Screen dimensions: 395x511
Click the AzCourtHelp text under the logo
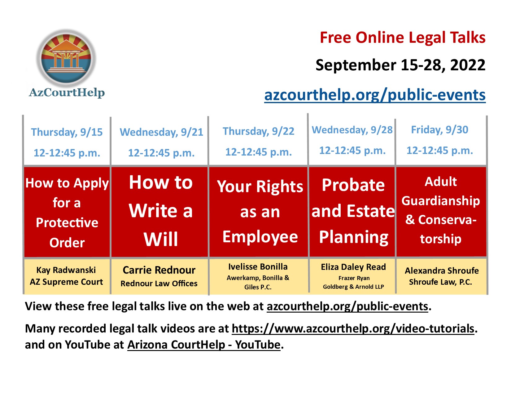click(67, 92)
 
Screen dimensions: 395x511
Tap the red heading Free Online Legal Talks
click(402, 38)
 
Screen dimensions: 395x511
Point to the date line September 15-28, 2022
click(400, 65)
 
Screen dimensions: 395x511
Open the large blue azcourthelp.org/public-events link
click(375, 95)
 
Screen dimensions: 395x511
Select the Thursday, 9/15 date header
click(67, 132)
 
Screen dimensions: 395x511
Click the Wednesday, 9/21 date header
click(161, 132)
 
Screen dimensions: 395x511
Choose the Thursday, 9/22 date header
click(258, 131)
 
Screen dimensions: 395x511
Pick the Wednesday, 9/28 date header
click(352, 130)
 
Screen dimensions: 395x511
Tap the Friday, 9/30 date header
click(439, 130)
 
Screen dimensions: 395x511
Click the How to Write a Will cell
click(160, 211)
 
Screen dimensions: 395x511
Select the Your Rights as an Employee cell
click(260, 212)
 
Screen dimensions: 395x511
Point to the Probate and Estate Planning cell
click(353, 211)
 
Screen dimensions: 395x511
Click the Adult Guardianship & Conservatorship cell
click(441, 210)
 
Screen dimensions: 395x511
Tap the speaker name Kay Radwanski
click(66, 270)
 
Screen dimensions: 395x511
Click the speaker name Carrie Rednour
click(159, 270)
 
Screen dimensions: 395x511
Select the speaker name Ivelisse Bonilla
click(258, 267)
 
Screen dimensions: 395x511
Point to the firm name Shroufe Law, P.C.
click(440, 282)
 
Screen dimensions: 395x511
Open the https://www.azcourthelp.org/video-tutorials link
click(353, 328)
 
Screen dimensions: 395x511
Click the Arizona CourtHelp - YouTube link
click(204, 345)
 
